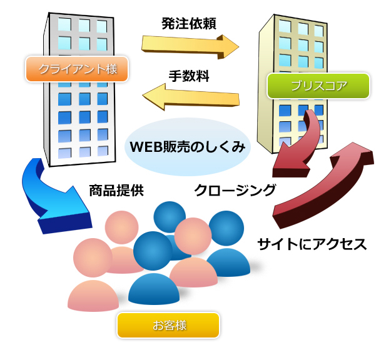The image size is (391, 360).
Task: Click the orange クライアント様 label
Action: click(x=77, y=69)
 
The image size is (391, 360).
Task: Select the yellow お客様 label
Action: click(x=168, y=325)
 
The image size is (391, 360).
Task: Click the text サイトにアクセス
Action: click(x=312, y=243)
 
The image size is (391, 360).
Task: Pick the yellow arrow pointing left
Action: click(x=191, y=96)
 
